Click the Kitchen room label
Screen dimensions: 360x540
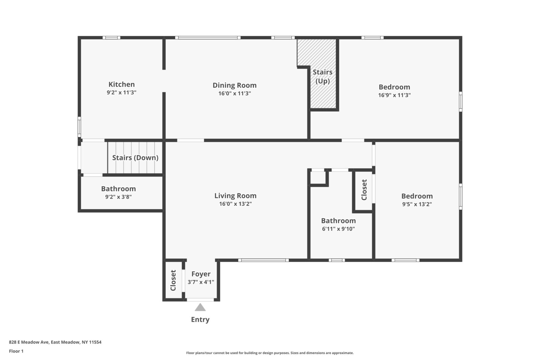(122, 84)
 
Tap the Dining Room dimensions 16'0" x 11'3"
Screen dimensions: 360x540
(235, 93)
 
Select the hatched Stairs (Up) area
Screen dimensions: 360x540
(323, 91)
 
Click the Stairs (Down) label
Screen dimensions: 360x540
(135, 158)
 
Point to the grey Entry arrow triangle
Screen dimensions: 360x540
(200, 307)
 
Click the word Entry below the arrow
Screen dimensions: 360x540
(200, 320)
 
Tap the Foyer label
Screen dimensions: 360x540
(201, 274)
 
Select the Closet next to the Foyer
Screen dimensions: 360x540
(173, 280)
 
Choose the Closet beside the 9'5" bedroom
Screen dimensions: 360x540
(364, 190)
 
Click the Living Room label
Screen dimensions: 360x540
(235, 196)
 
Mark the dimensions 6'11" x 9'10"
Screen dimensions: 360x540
(338, 229)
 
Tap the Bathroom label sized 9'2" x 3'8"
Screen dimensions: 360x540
(118, 189)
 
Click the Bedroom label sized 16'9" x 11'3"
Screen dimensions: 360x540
(394, 87)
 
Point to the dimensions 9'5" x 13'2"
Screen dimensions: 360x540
(417, 204)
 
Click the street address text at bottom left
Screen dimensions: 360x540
(55, 342)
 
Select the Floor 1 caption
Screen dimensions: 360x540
(16, 351)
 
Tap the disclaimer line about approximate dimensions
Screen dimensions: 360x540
(270, 353)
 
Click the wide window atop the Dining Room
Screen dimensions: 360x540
(208, 37)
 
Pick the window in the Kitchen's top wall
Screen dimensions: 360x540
(111, 37)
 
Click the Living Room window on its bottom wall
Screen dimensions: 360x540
(263, 260)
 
